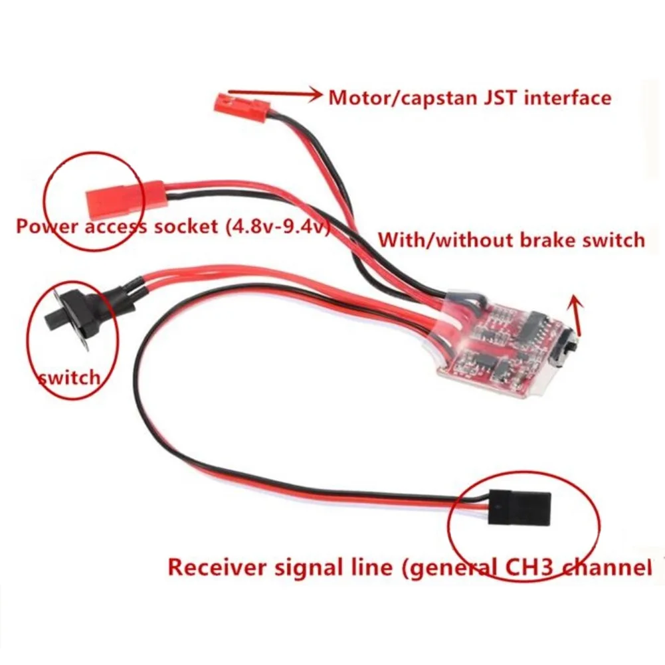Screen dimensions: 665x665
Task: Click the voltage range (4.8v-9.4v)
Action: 276,227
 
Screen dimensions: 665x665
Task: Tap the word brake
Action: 547,239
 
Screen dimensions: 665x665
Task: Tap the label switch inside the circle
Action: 69,378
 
